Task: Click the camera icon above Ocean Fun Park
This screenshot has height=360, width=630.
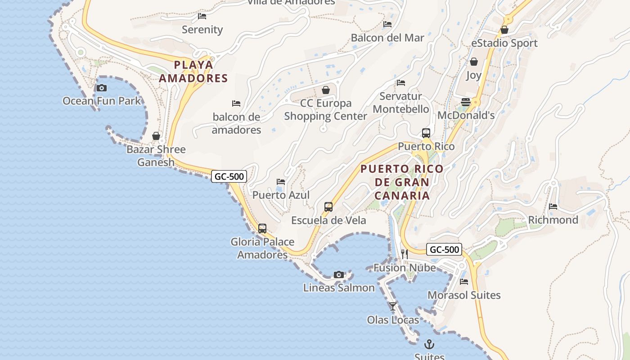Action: pyautogui.click(x=102, y=88)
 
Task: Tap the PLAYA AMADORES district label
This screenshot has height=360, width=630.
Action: pyautogui.click(x=193, y=72)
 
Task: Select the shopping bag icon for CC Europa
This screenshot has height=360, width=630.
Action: pyautogui.click(x=326, y=90)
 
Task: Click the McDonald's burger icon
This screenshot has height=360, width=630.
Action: pyautogui.click(x=466, y=102)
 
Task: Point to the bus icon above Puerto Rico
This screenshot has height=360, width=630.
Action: pyautogui.click(x=426, y=133)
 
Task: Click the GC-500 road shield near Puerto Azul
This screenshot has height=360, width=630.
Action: pyautogui.click(x=229, y=176)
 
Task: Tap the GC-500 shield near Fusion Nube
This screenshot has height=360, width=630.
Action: pyautogui.click(x=444, y=249)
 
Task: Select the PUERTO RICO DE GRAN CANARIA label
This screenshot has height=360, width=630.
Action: pyautogui.click(x=402, y=182)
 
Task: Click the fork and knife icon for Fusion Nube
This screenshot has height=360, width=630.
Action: pyautogui.click(x=404, y=254)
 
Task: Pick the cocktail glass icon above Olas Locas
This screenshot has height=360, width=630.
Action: pyautogui.click(x=393, y=306)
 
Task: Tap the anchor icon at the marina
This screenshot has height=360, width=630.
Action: pyautogui.click(x=429, y=344)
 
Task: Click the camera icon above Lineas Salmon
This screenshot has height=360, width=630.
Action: pyautogui.click(x=339, y=274)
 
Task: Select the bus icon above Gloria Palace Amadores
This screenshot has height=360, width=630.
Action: pyautogui.click(x=262, y=229)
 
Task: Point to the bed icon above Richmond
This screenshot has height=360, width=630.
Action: pyautogui.click(x=553, y=207)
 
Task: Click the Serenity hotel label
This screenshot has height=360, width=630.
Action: pyautogui.click(x=202, y=30)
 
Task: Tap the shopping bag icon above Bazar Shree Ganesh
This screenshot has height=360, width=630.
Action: pyautogui.click(x=156, y=136)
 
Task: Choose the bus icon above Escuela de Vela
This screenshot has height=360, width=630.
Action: pyautogui.click(x=328, y=207)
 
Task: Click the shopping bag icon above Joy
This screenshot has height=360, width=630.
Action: pyautogui.click(x=473, y=62)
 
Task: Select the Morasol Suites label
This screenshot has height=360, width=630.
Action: pyautogui.click(x=464, y=295)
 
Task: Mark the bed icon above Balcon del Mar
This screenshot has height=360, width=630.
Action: pyautogui.click(x=387, y=24)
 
